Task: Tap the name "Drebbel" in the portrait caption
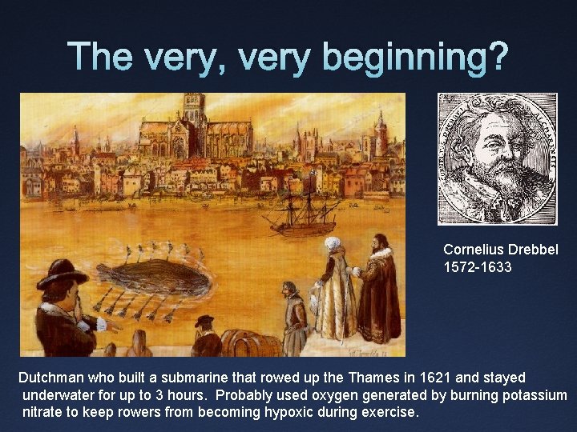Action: click(531, 250)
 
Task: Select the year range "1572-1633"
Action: click(478, 267)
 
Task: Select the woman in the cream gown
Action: click(336, 288)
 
